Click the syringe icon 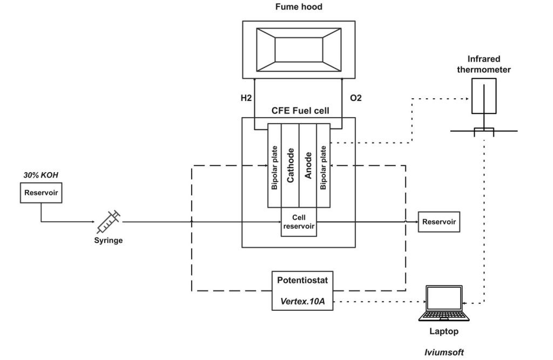pyautogui.click(x=109, y=220)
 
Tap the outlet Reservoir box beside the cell pyautogui.click(x=439, y=222)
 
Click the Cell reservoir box pyautogui.click(x=299, y=222)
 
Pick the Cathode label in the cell pyautogui.click(x=291, y=165)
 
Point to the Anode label pyautogui.click(x=307, y=165)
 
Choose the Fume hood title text pyautogui.click(x=298, y=8)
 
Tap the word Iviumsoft pyautogui.click(x=444, y=352)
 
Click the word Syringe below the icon pyautogui.click(x=109, y=240)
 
